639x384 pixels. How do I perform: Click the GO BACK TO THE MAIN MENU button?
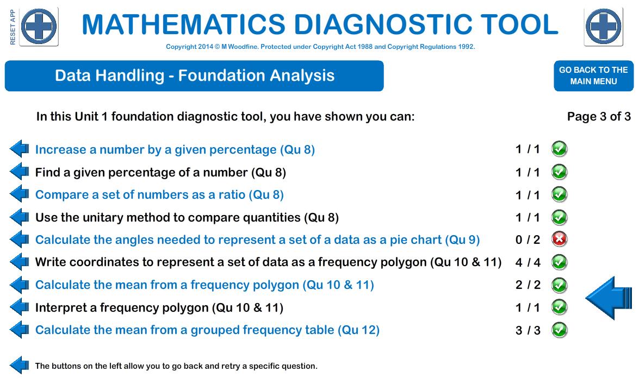(593, 75)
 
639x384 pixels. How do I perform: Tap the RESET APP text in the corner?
(13, 27)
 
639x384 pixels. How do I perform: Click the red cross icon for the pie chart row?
(559, 240)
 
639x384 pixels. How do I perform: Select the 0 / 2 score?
(528, 240)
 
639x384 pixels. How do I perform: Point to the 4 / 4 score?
(528, 262)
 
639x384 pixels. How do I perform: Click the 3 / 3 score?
(528, 330)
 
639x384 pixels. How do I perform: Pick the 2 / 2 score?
(528, 285)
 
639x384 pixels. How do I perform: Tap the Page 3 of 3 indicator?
(599, 117)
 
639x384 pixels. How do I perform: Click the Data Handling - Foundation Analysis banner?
(194, 76)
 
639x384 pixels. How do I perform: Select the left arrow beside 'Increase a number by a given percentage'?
(20, 149)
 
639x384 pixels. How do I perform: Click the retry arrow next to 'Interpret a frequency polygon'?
(20, 307)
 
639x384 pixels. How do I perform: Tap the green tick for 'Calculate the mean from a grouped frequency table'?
(559, 330)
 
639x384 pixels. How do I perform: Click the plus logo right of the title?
(604, 27)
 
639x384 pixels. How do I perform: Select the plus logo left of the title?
(39, 27)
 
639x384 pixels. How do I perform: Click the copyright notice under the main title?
(320, 47)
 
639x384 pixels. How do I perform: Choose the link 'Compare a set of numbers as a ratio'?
(159, 195)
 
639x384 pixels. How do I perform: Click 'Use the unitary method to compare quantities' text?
(187, 218)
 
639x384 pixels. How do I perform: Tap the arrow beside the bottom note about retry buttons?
(20, 366)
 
